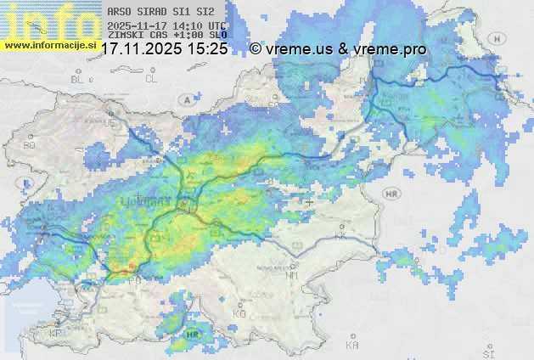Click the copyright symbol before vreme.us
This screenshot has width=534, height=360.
pos(256,49)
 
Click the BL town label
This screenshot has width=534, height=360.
pos(79,79)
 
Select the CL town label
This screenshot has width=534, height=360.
pos(152,79)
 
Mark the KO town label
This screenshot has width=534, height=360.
pos(239,314)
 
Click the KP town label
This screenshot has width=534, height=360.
pos(57,334)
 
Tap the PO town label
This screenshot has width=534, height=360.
pos(134,280)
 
